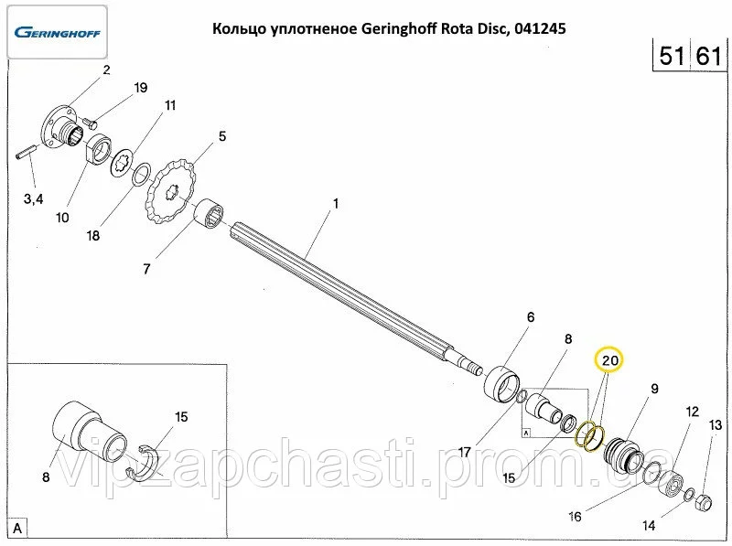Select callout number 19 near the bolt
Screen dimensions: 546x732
(140, 88)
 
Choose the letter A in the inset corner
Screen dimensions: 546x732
(18, 528)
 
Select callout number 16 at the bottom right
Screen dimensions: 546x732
(575, 517)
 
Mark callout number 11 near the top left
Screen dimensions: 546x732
(170, 105)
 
